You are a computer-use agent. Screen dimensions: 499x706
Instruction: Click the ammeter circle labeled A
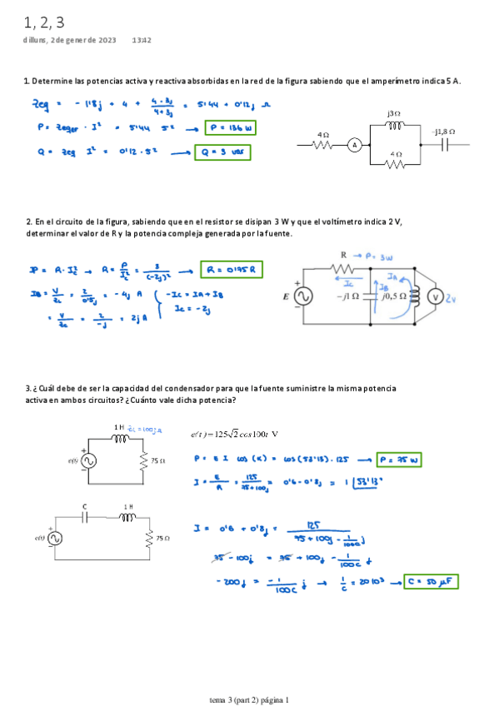pyautogui.click(x=353, y=145)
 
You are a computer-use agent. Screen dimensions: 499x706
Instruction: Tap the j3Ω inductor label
pyautogui.click(x=394, y=112)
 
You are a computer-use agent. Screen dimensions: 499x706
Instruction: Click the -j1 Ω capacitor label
pyautogui.click(x=348, y=296)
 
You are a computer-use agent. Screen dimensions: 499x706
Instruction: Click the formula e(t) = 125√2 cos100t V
pyautogui.click(x=234, y=434)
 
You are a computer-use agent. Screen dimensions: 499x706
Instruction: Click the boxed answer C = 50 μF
pyautogui.click(x=432, y=582)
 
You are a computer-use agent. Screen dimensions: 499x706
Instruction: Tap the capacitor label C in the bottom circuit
pyautogui.click(x=84, y=505)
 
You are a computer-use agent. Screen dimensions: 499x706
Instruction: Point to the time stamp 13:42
pyautogui.click(x=141, y=40)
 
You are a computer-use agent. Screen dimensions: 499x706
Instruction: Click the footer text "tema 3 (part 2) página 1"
pyautogui.click(x=249, y=699)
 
